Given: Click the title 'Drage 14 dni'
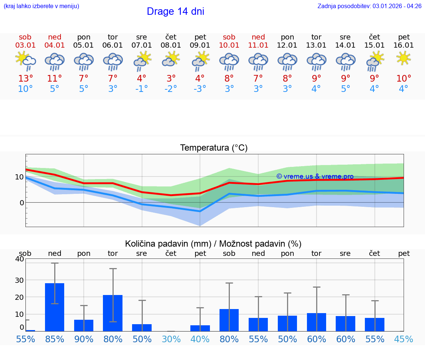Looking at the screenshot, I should coord(175,11).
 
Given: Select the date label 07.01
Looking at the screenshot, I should coord(142,45).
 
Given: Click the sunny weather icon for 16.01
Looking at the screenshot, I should coord(404,58).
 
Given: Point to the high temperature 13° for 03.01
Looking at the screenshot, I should coord(25,78).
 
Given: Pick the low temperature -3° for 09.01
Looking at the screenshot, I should coord(200,89).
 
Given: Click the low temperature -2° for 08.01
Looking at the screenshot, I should coord(171,89).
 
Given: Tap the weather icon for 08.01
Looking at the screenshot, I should coord(171,59).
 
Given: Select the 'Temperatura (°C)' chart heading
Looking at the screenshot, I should coord(214,148).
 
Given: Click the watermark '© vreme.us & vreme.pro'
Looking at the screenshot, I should coord(315,176).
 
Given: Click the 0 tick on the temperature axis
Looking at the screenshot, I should coord(22,203).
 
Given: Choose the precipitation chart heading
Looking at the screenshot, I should coord(213,244).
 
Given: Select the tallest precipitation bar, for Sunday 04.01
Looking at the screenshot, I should coord(55,307).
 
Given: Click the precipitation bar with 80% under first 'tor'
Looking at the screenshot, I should coord(113,313).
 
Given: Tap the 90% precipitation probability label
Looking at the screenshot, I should coord(84,339).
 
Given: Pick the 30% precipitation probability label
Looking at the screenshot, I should coord(171,339).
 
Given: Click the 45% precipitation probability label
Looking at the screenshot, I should coord(404,339).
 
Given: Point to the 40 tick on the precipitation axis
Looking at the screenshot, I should coord(19,259).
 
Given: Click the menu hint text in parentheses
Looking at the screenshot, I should coord(41,6).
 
